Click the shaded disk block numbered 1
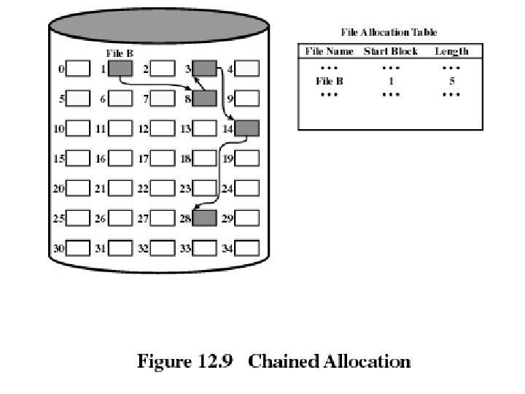(121, 69)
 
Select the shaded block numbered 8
(205, 98)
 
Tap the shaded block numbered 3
(205, 69)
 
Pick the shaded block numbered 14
(247, 128)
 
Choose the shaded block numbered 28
(205, 217)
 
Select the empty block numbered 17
(163, 158)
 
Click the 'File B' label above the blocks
(120, 54)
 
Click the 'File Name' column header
(329, 51)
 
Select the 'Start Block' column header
(391, 51)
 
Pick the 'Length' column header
(451, 51)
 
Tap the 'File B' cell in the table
(330, 81)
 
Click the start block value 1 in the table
(391, 81)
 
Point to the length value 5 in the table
(452, 81)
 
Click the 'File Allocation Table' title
(389, 32)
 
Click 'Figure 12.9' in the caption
(184, 361)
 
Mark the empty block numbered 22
(163, 188)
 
